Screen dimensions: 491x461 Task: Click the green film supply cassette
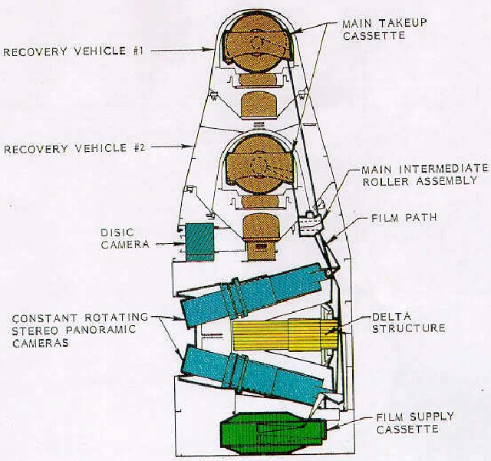[273, 433]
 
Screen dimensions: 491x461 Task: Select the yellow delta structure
[285, 335]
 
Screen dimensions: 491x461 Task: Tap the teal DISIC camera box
[199, 242]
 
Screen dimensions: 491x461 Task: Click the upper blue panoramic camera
[254, 295]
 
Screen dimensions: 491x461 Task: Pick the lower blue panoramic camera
[254, 374]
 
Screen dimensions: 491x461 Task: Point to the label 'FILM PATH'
[404, 218]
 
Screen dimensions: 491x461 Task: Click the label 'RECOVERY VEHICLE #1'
[74, 51]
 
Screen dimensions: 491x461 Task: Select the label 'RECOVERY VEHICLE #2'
[74, 149]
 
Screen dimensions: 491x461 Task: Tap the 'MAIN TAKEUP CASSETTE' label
[384, 29]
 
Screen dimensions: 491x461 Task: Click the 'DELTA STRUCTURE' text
[408, 323]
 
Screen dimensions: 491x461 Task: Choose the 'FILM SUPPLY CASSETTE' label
[414, 423]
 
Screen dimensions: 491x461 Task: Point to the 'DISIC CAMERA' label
[124, 239]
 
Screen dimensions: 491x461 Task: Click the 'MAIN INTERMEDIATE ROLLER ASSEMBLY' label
[424, 175]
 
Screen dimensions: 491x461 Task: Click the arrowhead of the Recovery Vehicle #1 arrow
[212, 49]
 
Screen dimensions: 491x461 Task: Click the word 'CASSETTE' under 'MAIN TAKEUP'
[374, 35]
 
